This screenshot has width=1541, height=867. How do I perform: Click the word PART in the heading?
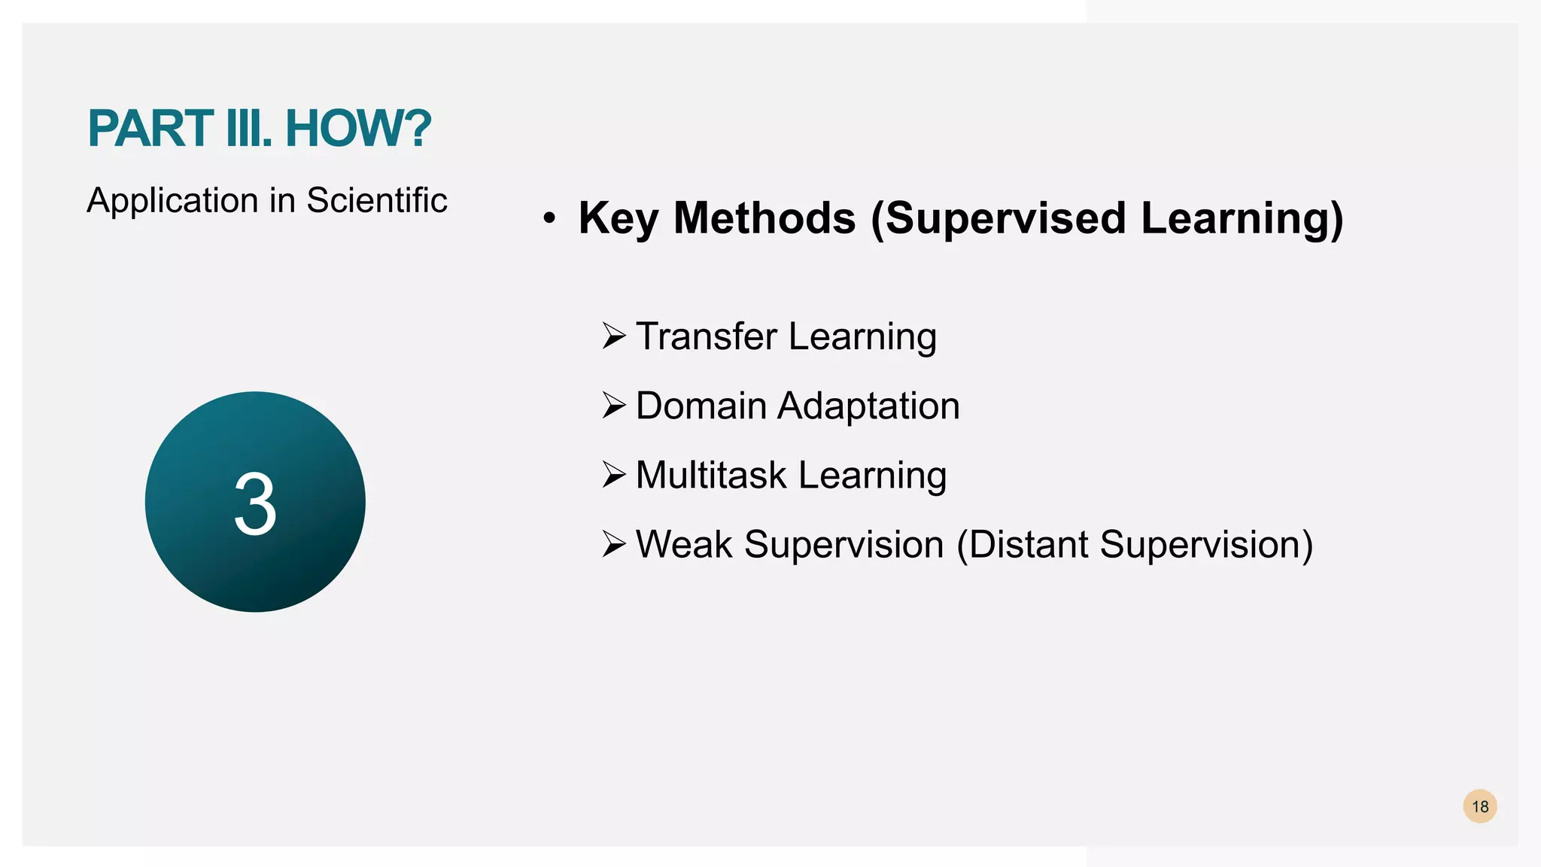click(x=150, y=129)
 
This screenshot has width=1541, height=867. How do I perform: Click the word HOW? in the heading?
click(x=358, y=129)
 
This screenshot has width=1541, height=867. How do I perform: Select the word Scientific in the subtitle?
click(x=376, y=201)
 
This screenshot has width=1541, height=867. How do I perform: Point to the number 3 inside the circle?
click(x=255, y=504)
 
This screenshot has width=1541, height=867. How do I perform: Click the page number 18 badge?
click(x=1479, y=807)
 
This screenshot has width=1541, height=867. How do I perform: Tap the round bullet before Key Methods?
click(x=549, y=219)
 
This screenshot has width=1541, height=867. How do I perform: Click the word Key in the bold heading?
click(x=618, y=219)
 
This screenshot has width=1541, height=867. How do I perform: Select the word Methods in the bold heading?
click(x=764, y=219)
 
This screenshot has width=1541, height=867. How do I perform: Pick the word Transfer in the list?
click(x=706, y=336)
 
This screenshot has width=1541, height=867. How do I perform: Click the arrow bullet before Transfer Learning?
click(x=614, y=336)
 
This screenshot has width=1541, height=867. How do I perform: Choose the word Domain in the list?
click(x=701, y=406)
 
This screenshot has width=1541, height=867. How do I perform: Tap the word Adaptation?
click(x=868, y=406)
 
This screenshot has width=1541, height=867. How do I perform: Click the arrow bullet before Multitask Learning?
click(x=614, y=476)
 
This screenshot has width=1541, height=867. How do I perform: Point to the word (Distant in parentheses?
click(x=1021, y=545)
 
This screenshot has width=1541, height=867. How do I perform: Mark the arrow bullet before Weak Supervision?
click(x=614, y=545)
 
